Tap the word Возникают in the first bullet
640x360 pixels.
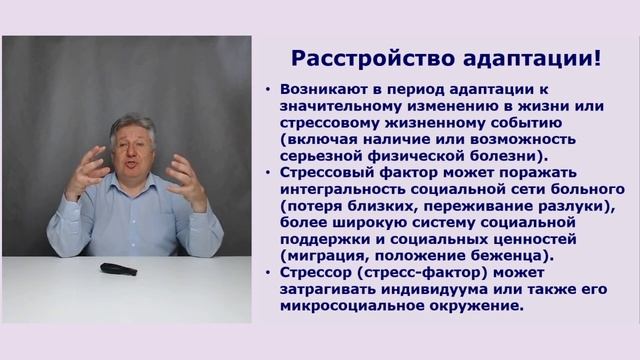323,89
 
